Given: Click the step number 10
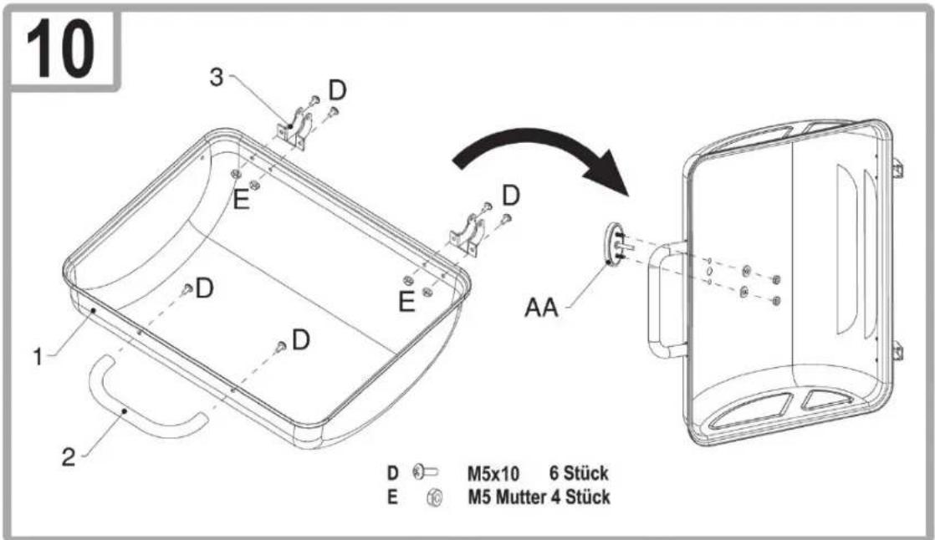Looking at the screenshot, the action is pyautogui.click(x=60, y=48).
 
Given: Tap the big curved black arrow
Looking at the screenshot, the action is pyautogui.click(x=537, y=149).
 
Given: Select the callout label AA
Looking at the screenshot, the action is pyautogui.click(x=541, y=308).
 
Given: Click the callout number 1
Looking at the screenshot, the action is pyautogui.click(x=38, y=357).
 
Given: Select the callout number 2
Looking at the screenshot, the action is pyautogui.click(x=69, y=457).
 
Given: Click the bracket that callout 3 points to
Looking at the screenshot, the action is pyautogui.click(x=294, y=130).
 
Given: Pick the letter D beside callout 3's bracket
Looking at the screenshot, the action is pyautogui.click(x=338, y=91).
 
